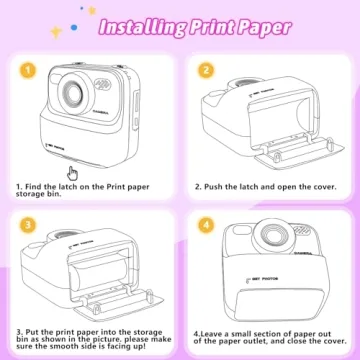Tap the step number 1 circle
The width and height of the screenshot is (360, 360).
(x=30, y=71)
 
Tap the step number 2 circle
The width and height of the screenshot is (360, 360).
(x=205, y=71)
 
